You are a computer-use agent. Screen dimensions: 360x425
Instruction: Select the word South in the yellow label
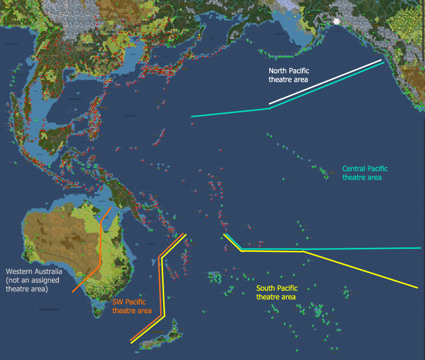pyautogui.click(x=266, y=288)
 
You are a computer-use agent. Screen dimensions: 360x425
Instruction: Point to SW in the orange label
pyautogui.click(x=118, y=302)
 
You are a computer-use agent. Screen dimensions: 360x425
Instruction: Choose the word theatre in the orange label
pyautogui.click(x=123, y=311)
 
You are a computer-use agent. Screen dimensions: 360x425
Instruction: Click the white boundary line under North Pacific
pyautogui.click(x=324, y=82)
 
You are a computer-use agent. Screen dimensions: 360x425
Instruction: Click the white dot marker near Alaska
pyautogui.click(x=337, y=22)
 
